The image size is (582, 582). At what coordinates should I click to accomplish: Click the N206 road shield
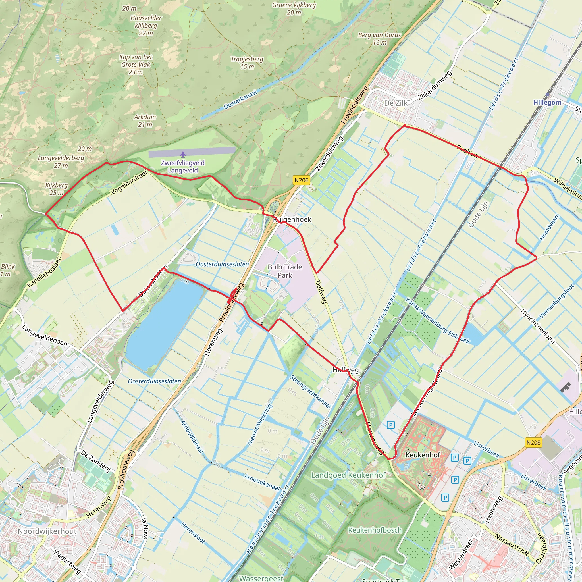point(301,180)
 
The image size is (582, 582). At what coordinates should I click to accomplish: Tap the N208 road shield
point(533,442)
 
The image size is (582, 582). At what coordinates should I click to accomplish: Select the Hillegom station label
point(547,102)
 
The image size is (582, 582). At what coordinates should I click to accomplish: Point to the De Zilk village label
point(396,103)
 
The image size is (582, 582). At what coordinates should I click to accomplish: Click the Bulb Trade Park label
point(285,271)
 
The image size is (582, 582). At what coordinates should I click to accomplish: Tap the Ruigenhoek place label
point(292,219)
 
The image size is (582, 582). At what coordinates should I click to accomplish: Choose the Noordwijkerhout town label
point(47,531)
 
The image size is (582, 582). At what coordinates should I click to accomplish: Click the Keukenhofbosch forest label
point(375,530)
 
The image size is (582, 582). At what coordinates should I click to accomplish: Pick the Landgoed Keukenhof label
point(348,475)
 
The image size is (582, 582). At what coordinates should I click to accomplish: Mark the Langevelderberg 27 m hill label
point(61,161)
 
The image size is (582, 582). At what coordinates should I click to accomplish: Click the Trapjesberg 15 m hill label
point(247,63)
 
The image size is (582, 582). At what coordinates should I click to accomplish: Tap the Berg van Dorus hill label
point(380,39)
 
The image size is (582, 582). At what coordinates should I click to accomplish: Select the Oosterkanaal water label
point(240,99)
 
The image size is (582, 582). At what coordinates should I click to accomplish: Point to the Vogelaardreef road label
point(129,182)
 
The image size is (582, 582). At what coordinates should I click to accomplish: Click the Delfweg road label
point(321,292)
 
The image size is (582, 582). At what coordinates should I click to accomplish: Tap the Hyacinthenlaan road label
point(538,326)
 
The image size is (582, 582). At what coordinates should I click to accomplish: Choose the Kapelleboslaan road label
point(44,272)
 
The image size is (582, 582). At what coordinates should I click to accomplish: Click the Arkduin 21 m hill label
point(145,120)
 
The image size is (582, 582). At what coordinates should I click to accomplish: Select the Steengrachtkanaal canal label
point(311,391)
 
